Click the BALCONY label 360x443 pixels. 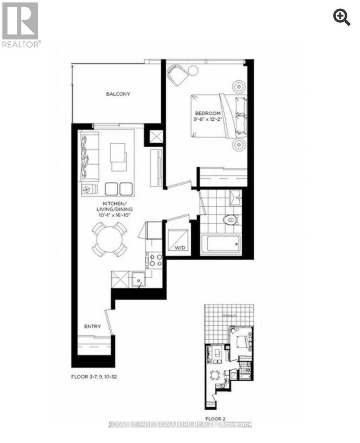(x=118, y=94)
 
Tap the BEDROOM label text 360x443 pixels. (x=208, y=113)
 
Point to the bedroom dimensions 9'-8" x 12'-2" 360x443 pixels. (x=208, y=119)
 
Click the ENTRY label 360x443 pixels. (x=92, y=326)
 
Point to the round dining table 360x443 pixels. (x=109, y=240)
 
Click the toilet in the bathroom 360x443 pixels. (x=230, y=220)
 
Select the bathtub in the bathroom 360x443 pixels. (x=221, y=244)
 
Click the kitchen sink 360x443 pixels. (x=138, y=279)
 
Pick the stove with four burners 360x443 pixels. (x=156, y=260)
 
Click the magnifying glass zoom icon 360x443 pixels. (x=342, y=18)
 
